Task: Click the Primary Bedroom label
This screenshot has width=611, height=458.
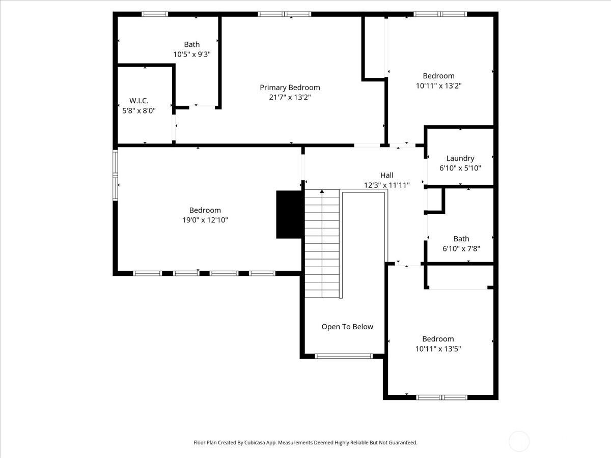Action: (x=290, y=88)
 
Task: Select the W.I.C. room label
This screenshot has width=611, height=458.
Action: (x=138, y=101)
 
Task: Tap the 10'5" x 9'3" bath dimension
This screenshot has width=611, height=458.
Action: (x=192, y=54)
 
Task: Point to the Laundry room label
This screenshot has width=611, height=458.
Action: (x=460, y=158)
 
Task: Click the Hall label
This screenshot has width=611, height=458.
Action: (x=386, y=176)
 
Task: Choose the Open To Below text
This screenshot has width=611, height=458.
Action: (x=347, y=327)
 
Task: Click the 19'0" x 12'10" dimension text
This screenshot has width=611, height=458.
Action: (x=205, y=220)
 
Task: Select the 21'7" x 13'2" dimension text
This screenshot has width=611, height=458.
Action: (x=290, y=97)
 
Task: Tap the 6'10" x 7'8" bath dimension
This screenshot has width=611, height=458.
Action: (x=461, y=248)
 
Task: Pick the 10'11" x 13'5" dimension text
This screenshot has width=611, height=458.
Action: (x=438, y=349)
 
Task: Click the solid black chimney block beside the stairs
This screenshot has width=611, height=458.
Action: (x=289, y=214)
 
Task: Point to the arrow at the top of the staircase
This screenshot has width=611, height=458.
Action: (x=322, y=191)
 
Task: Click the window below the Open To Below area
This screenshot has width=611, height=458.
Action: (x=344, y=356)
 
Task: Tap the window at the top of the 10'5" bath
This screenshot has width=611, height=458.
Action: (x=155, y=14)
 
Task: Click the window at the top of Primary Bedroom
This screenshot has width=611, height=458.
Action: (x=284, y=14)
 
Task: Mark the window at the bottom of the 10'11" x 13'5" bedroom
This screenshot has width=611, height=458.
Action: (x=441, y=397)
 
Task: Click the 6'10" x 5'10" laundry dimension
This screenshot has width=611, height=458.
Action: (x=460, y=168)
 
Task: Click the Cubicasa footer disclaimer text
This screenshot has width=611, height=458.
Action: (x=305, y=443)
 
